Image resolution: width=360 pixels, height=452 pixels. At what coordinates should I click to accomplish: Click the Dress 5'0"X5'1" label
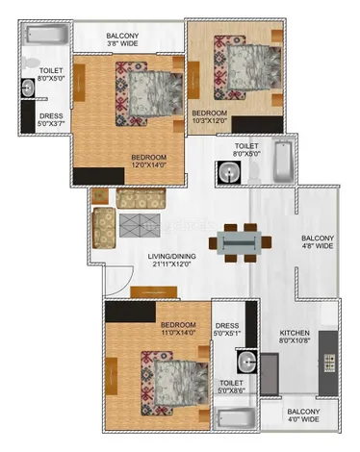tap(227, 331)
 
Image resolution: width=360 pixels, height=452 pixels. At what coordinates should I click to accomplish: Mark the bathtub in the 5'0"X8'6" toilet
tap(235, 420)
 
